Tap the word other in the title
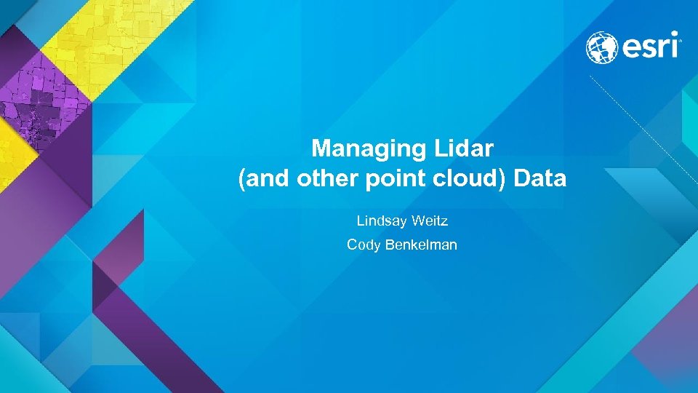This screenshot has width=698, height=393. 324,179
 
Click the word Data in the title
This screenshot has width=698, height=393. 539,179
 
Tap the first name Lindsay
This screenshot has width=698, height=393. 381,220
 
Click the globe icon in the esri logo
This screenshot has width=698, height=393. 602,47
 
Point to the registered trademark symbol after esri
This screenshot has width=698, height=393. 680,41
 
